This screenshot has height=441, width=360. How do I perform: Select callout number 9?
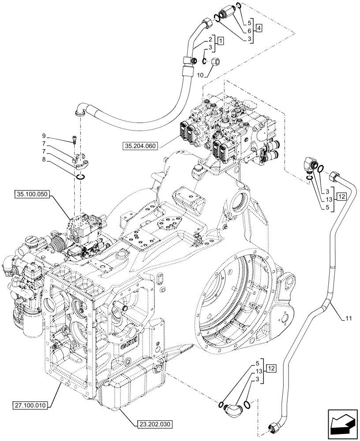(44, 136)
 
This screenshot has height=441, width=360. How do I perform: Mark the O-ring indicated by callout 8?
(80, 177)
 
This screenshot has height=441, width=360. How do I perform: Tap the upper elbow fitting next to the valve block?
(310, 166)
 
